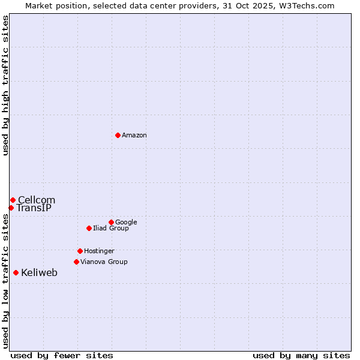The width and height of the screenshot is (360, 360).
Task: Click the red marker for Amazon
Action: point(118,135)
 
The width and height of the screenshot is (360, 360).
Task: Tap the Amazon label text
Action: point(134,136)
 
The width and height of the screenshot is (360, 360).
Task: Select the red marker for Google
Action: point(111,222)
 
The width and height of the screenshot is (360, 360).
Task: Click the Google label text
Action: point(126,223)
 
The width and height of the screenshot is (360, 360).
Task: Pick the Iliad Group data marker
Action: point(89,228)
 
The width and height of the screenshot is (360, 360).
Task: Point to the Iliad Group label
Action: point(111,229)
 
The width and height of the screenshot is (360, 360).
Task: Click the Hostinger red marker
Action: point(80,251)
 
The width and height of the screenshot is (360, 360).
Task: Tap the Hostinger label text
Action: point(99,251)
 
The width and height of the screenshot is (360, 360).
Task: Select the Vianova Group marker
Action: point(76,262)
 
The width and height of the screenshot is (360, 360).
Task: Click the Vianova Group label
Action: point(104,262)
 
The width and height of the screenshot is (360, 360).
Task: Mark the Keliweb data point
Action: point(16,272)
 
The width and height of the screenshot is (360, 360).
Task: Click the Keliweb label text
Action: point(39,273)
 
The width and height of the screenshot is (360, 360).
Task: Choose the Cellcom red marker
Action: point(13,200)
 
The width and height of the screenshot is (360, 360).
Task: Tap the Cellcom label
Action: point(37,200)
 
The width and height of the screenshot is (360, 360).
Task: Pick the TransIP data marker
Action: point(11,208)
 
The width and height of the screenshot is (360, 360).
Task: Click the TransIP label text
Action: point(34,208)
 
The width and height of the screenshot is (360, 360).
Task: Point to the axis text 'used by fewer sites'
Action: point(62,355)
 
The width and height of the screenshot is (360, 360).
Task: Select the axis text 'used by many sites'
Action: point(301,355)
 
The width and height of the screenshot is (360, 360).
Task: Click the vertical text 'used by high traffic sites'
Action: point(5,85)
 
